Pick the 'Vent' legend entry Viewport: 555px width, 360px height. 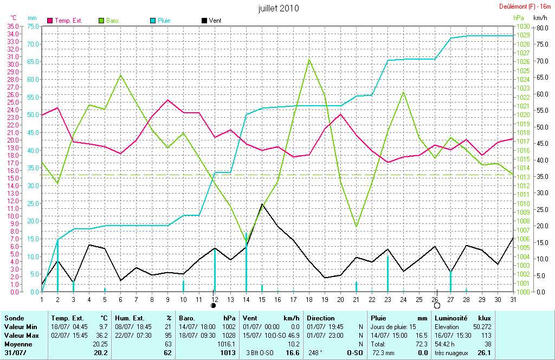[x=215, y=21]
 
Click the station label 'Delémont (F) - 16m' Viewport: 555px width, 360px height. [x=524, y=7]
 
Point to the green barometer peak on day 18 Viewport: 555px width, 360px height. [x=309, y=60]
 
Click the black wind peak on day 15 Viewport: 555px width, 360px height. [x=262, y=204]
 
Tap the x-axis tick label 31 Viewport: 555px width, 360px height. [x=513, y=299]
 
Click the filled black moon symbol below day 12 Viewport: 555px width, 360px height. [x=214, y=305]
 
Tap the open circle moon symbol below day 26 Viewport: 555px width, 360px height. [x=437, y=305]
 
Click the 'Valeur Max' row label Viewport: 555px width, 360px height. [x=20, y=336]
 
